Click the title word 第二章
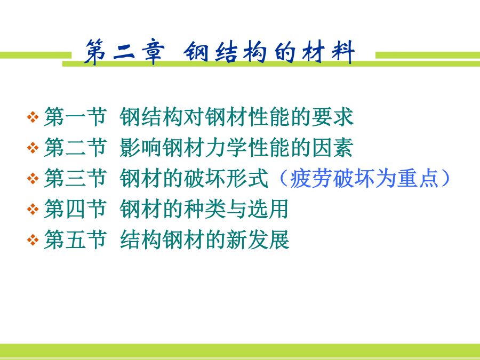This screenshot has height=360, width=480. [124, 52]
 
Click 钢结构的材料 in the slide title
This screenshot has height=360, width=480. [269, 52]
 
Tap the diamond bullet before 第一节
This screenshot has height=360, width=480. [33, 117]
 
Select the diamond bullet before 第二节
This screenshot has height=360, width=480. [33, 148]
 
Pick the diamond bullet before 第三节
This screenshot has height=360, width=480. [33, 178]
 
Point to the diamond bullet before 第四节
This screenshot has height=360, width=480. [33, 209]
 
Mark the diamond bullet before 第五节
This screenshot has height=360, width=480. [33, 239]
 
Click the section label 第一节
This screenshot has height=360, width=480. [75, 117]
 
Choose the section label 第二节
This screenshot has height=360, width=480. [75, 148]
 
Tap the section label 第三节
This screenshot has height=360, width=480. [75, 178]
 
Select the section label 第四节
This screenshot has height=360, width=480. [75, 209]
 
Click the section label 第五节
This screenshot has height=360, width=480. [75, 239]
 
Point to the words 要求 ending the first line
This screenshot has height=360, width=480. [332, 117]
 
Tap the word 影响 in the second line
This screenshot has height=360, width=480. [140, 148]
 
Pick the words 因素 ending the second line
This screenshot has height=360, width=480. [332, 148]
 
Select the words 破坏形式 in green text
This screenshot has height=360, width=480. [226, 178]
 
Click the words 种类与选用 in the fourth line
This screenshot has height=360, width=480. [236, 209]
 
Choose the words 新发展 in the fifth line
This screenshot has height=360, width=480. [258, 239]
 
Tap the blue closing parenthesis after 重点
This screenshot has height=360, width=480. [446, 178]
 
